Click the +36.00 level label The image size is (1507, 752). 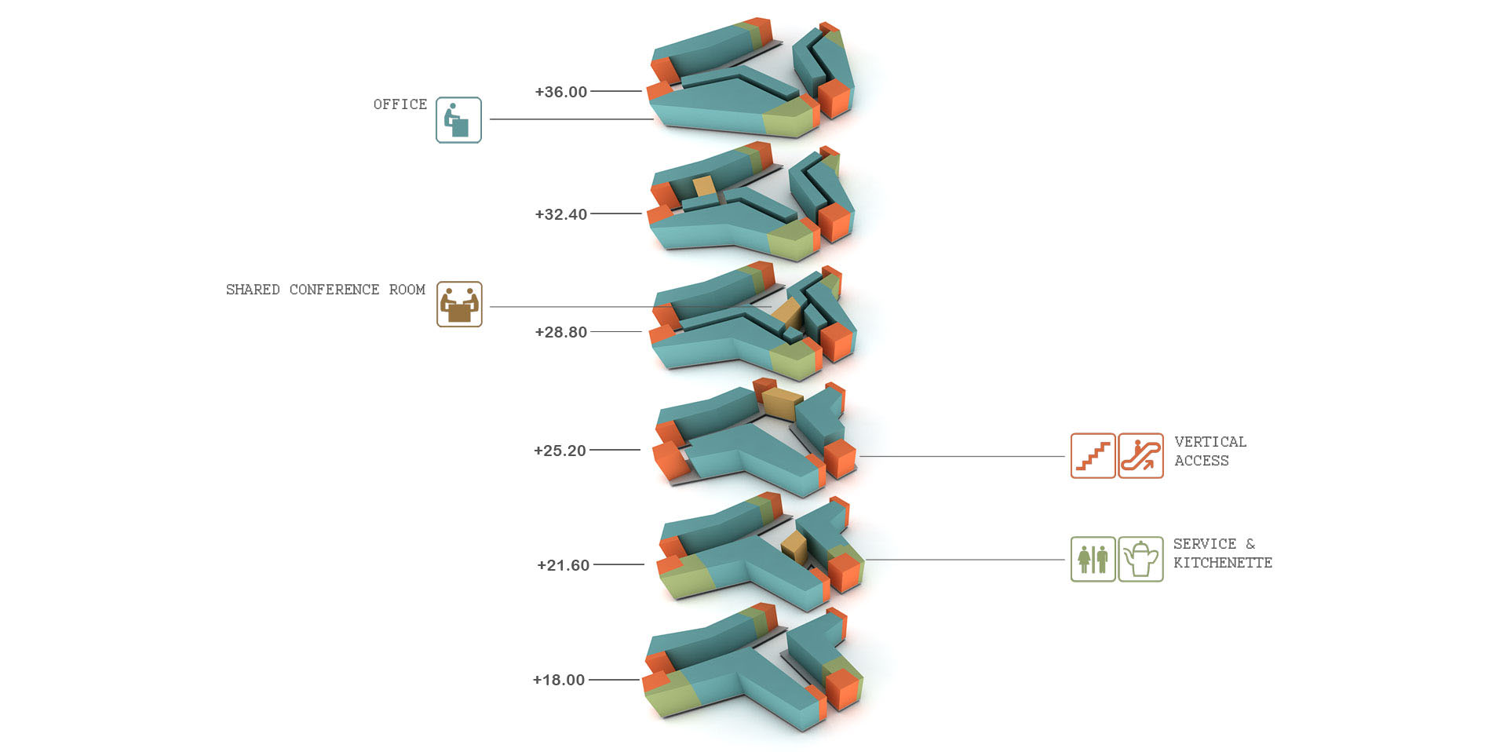(560, 92)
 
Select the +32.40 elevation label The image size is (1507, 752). (560, 214)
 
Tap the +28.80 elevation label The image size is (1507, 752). (560, 332)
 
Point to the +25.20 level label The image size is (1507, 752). (560, 451)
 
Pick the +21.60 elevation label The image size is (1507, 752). (563, 565)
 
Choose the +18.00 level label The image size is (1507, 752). (558, 680)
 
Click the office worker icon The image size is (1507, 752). (458, 120)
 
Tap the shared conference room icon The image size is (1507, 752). (459, 305)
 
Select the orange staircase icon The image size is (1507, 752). (1093, 455)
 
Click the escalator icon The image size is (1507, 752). (1140, 455)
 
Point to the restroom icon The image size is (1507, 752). (1093, 559)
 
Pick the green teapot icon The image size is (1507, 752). (1140, 559)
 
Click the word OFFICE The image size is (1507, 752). (400, 104)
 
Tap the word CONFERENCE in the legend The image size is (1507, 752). (334, 290)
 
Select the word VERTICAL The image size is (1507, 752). (1210, 442)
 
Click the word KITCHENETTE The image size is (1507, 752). (1223, 563)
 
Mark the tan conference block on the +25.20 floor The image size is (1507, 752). (783, 403)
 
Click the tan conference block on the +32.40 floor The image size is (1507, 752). (705, 187)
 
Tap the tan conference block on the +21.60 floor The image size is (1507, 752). (794, 547)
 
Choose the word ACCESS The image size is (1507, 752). (1202, 461)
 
